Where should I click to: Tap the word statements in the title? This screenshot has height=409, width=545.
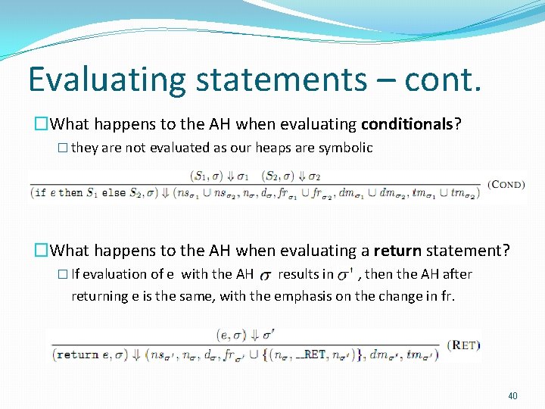coord(268,80)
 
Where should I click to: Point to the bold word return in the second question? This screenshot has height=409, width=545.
coord(397,250)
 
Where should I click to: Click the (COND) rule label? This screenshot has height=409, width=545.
coord(506,184)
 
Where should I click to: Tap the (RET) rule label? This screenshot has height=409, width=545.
coord(462,345)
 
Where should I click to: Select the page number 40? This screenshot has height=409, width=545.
coord(512,395)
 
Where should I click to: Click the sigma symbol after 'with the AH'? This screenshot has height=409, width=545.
coord(265,275)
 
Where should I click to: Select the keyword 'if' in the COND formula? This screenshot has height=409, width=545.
coord(40,193)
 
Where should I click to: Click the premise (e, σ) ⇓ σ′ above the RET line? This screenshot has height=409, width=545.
coord(247,334)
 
